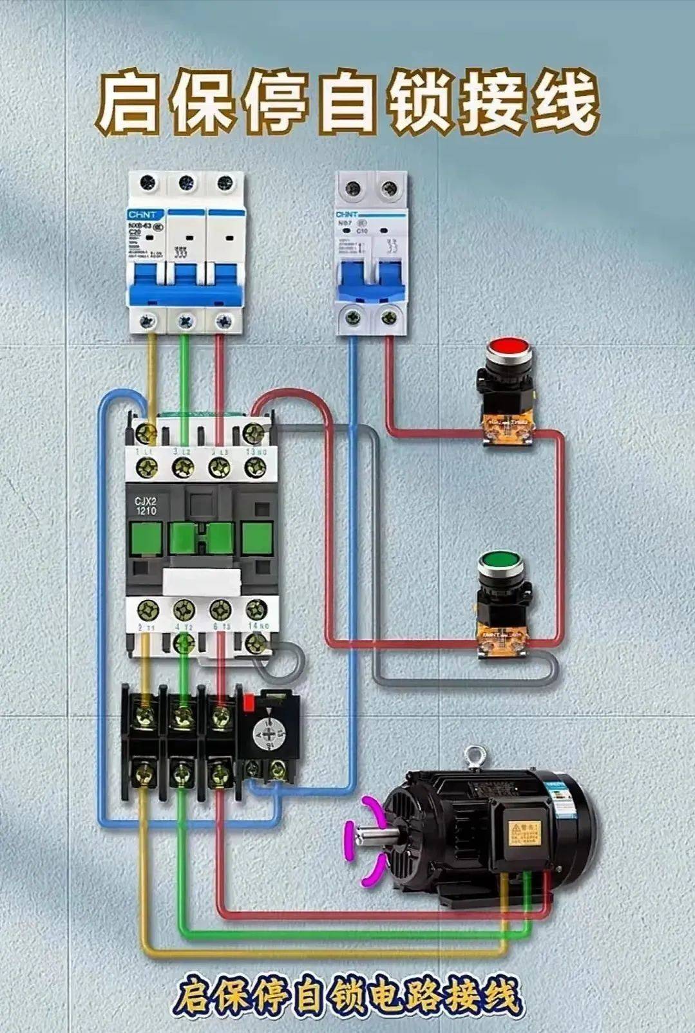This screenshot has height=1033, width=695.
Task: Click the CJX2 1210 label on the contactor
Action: pos(146,506)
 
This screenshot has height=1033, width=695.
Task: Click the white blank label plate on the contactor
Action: pos(202,582)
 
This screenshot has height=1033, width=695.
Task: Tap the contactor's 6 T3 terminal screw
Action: pos(220,608)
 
